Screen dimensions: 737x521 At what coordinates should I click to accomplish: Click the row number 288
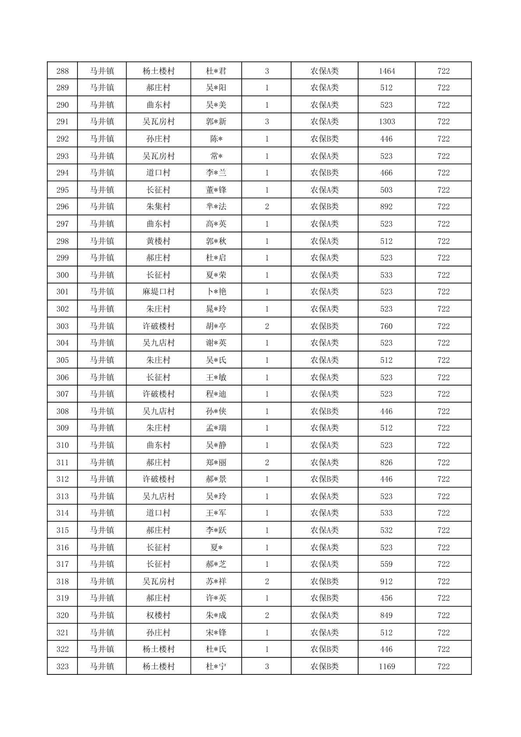pyautogui.click(x=63, y=71)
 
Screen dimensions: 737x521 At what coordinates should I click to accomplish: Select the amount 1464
pyautogui.click(x=387, y=71)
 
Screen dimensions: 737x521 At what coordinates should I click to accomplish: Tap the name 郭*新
pyautogui.click(x=216, y=122)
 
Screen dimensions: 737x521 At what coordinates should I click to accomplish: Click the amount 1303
pyautogui.click(x=387, y=122)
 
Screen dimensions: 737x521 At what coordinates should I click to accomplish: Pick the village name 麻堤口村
pyautogui.click(x=158, y=292)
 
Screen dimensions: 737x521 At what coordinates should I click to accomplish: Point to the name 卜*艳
pyautogui.click(x=216, y=292)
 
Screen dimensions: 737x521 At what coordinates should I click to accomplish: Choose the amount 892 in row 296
pyautogui.click(x=387, y=207)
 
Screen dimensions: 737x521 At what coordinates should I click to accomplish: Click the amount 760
pyautogui.click(x=387, y=326)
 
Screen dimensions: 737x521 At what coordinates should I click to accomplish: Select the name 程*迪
pyautogui.click(x=216, y=394)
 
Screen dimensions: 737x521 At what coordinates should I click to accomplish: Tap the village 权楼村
pyautogui.click(x=158, y=615)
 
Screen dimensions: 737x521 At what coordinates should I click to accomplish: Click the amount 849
pyautogui.click(x=387, y=615)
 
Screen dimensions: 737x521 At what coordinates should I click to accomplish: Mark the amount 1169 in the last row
pyautogui.click(x=387, y=667)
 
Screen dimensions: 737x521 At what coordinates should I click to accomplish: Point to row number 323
pyautogui.click(x=63, y=667)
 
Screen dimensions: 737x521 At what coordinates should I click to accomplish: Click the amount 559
pyautogui.click(x=387, y=564)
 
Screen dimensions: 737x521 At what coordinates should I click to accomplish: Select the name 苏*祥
pyautogui.click(x=216, y=581)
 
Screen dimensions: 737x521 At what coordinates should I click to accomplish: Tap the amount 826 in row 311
pyautogui.click(x=387, y=462)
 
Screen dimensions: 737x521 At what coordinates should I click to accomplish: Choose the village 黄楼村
pyautogui.click(x=158, y=241)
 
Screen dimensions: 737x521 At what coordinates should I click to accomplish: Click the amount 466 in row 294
pyautogui.click(x=387, y=173)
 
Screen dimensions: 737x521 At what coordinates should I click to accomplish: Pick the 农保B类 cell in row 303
pyautogui.click(x=324, y=326)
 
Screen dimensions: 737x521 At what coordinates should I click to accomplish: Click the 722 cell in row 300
pyautogui.click(x=444, y=275)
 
